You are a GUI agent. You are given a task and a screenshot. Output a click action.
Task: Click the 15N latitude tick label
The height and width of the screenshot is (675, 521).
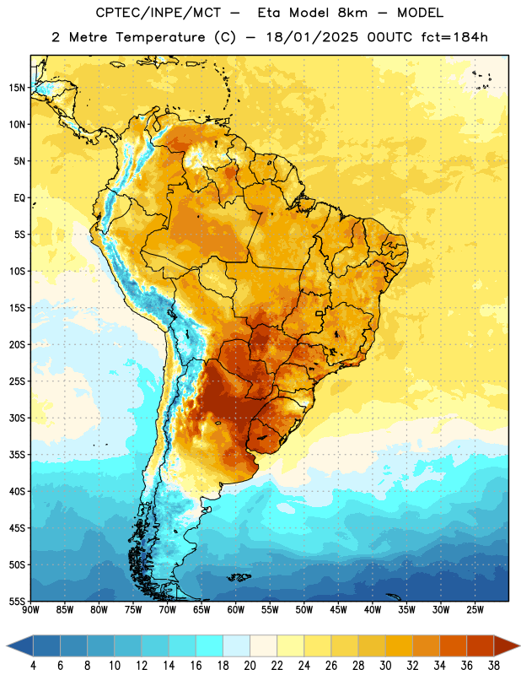(17, 88)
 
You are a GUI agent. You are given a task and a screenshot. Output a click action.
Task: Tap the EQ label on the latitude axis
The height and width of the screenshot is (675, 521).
(19, 198)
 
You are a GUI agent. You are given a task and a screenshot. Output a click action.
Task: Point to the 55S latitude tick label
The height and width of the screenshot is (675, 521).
(17, 601)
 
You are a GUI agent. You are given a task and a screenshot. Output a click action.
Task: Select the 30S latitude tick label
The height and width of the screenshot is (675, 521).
(17, 418)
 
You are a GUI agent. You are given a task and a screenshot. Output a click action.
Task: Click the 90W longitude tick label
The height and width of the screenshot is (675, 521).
(30, 610)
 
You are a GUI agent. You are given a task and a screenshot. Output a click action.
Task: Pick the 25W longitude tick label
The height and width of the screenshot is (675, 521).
(475, 610)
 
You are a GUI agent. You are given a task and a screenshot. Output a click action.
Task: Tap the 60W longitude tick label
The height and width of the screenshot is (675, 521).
(236, 610)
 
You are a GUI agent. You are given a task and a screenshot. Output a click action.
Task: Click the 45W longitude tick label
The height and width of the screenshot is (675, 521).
(338, 610)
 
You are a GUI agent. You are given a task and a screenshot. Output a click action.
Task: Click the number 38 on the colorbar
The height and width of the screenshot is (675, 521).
(494, 666)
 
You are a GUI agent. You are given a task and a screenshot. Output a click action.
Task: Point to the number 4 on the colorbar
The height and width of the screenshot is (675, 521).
(33, 666)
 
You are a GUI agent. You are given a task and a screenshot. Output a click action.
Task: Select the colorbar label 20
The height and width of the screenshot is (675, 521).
(250, 666)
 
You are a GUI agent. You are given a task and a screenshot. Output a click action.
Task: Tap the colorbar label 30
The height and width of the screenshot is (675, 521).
(385, 666)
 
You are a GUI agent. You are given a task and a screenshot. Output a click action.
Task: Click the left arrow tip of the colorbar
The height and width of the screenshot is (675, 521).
(8, 646)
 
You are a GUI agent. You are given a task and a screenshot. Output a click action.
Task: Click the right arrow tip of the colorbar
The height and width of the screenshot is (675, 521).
(519, 646)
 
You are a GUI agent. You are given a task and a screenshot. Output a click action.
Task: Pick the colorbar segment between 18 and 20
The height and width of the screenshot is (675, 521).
(237, 646)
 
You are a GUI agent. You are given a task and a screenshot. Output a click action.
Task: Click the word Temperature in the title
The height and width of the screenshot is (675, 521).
(160, 37)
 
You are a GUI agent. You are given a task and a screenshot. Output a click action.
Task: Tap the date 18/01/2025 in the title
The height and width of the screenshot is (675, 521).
(312, 37)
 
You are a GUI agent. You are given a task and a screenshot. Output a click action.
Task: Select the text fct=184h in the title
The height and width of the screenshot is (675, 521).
(454, 37)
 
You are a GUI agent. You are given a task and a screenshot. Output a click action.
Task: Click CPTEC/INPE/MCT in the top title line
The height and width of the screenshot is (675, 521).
(158, 13)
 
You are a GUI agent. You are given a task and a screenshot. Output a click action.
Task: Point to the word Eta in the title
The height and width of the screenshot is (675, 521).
(269, 13)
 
